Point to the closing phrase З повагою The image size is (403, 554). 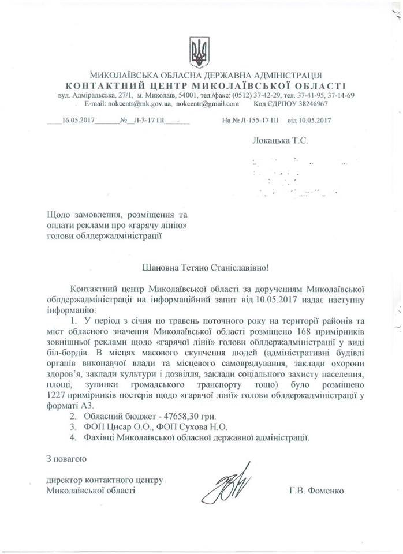click(x=66, y=459)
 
